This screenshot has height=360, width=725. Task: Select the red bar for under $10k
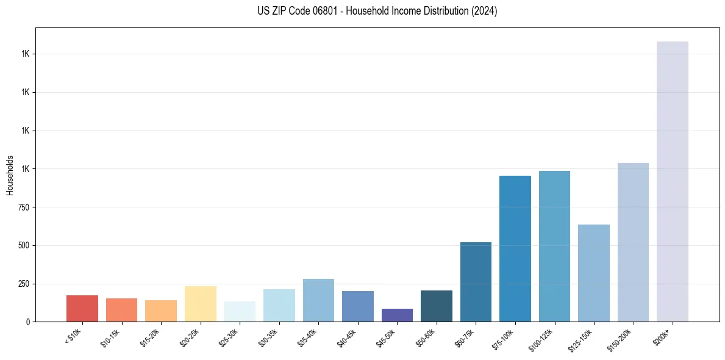click(x=82, y=308)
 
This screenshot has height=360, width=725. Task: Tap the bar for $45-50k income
click(x=397, y=315)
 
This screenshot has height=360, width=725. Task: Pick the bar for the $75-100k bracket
click(x=515, y=248)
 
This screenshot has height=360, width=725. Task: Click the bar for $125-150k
click(x=593, y=273)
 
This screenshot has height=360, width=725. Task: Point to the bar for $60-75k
click(x=476, y=282)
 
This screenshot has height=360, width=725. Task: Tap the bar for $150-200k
click(x=633, y=242)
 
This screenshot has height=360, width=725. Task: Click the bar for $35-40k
click(x=318, y=300)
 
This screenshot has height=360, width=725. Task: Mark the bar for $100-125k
click(x=554, y=246)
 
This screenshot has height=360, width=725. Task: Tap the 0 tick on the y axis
click(x=27, y=322)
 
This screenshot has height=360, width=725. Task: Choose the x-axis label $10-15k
click(x=111, y=339)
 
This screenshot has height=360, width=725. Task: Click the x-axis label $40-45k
click(x=347, y=339)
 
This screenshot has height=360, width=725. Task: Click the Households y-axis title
click(x=10, y=175)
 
